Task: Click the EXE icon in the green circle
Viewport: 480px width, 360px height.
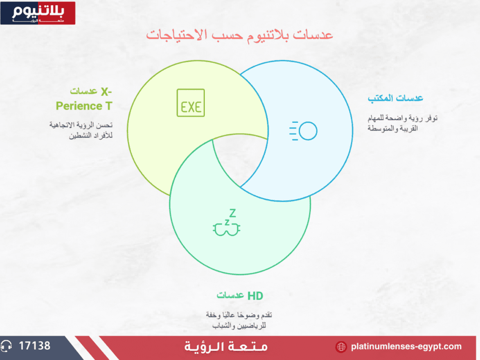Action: pos(191,103)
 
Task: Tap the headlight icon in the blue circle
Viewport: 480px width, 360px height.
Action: pos(303,131)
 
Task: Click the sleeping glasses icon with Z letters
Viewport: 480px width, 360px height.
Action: pos(226,223)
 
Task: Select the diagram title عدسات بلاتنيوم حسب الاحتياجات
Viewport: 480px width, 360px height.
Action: pos(240,35)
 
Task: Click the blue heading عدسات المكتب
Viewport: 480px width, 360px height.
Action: pos(395,98)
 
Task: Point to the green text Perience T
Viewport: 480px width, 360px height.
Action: pos(84,106)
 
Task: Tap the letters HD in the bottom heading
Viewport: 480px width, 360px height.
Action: pos(255,296)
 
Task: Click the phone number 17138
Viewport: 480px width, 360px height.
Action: pos(35,346)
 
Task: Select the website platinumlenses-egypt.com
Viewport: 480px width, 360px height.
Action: pos(406,346)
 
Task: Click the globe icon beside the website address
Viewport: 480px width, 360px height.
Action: pos(341,347)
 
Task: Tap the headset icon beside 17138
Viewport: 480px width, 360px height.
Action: pos(6,346)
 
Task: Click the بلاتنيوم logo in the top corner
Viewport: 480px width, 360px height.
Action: pos(38,13)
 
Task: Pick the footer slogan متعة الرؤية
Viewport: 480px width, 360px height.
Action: pos(226,347)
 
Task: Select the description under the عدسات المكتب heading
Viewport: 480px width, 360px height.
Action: pos(402,123)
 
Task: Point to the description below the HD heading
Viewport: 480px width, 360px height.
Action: pos(239,320)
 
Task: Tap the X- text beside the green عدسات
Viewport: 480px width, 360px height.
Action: pos(106,92)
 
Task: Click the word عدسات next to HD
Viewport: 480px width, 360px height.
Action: pos(230,295)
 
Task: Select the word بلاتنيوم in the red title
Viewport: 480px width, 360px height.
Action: pos(268,35)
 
